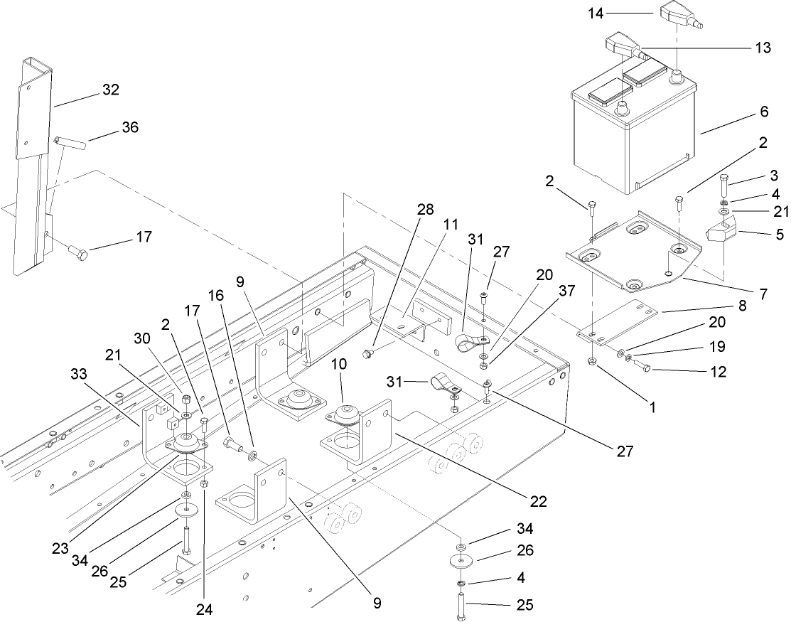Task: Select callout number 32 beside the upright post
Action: click(110, 90)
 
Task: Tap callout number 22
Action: click(539, 501)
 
